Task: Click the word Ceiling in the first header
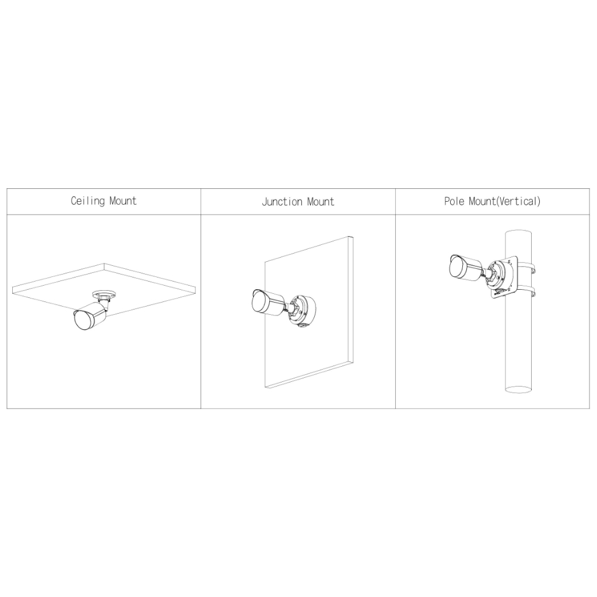(x=87, y=201)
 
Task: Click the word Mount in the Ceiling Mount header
(x=123, y=201)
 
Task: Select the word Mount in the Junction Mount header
(x=321, y=202)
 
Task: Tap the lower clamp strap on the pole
(x=527, y=293)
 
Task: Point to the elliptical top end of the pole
(x=518, y=233)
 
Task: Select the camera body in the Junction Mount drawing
(x=268, y=303)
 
